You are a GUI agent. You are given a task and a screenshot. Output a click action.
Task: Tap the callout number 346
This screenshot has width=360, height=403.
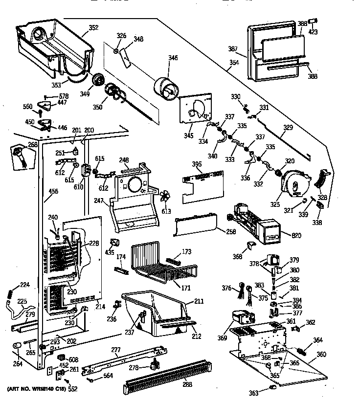coord(173,58)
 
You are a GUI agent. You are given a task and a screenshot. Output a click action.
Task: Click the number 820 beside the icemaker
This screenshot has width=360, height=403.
coord(296,236)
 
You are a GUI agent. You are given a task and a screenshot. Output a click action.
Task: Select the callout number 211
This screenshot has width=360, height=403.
coord(199,301)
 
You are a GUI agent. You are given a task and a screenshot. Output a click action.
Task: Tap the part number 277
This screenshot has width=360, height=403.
coord(115,349)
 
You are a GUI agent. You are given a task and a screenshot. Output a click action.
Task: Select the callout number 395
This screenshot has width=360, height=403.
coord(197,163)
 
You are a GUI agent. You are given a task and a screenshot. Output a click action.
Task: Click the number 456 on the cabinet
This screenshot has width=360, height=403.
coord(52,191)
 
